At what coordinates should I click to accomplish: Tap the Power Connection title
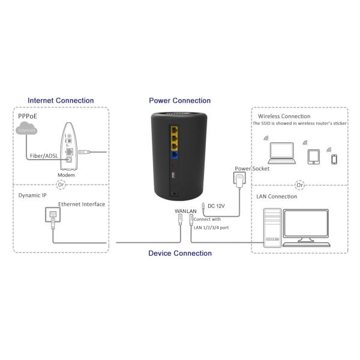180,101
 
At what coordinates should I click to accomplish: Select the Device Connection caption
180,253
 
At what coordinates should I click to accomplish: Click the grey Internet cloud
26,130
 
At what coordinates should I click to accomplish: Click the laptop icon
280,153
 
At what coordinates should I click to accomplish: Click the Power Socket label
251,169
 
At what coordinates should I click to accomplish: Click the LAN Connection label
277,196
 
